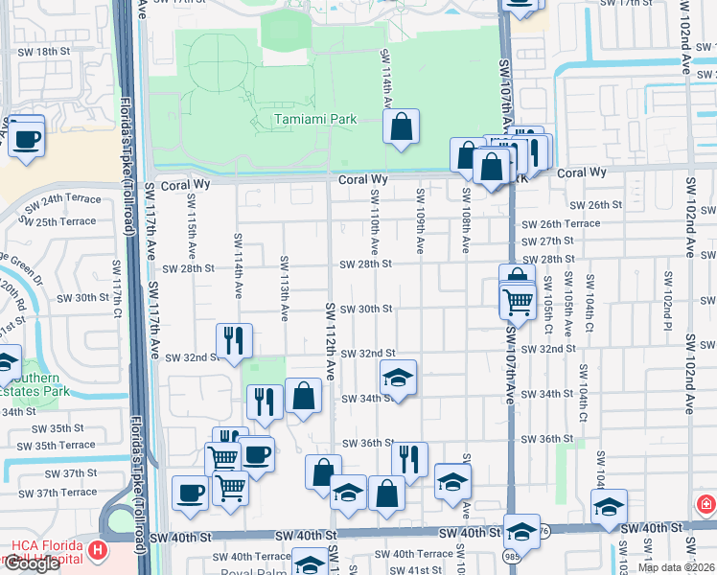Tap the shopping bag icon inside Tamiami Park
[401, 126]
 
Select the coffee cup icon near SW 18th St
[26, 136]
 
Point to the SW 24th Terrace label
[62, 203]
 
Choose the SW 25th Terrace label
[60, 221]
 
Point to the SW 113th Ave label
[285, 287]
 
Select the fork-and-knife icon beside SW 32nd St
[234, 340]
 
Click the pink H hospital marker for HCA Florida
[97, 551]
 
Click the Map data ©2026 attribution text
[677, 567]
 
